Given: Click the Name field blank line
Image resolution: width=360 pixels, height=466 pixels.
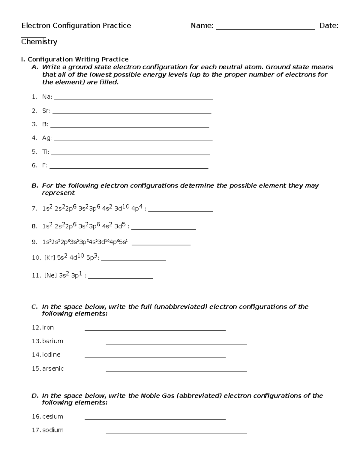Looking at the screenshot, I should tap(265, 29).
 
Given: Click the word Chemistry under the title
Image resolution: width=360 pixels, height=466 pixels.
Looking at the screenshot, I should tap(39, 41).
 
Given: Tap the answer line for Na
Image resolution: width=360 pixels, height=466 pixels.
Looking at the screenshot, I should tap(133, 99).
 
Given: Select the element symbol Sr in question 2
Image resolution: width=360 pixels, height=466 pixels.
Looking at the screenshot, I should tap(46, 111).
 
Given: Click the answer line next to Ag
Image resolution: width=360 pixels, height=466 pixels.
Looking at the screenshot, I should tap(133, 140).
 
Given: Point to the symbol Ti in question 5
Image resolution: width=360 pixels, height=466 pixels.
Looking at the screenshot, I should tap(46, 152).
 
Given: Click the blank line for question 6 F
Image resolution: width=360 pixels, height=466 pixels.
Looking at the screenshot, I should tap(129, 168).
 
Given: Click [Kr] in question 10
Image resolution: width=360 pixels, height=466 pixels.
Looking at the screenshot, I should tap(49, 257).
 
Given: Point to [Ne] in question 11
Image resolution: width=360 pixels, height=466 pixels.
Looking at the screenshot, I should tap(50, 275).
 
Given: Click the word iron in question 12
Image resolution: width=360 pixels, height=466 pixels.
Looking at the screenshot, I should tap(48, 327).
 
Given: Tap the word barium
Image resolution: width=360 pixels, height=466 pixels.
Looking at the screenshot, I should tap(52, 341).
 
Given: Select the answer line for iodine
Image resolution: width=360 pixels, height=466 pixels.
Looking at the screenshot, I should tap(155, 357).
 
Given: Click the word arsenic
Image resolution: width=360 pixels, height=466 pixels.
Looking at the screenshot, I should tap(53, 368).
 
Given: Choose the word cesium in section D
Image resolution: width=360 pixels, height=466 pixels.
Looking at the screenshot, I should tap(53, 416).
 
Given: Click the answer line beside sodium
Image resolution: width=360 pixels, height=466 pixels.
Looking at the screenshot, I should tap(176, 433).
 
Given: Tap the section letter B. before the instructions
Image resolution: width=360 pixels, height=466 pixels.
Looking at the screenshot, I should tap(35, 186).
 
